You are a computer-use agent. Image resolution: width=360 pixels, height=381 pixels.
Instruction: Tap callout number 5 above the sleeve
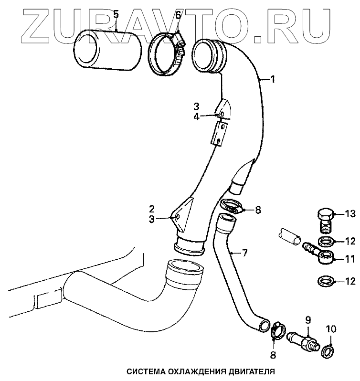tap(116, 15)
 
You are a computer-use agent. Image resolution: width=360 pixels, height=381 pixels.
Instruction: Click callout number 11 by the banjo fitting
tap(350, 260)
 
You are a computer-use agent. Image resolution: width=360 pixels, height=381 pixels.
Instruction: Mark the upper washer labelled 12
tap(326, 242)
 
